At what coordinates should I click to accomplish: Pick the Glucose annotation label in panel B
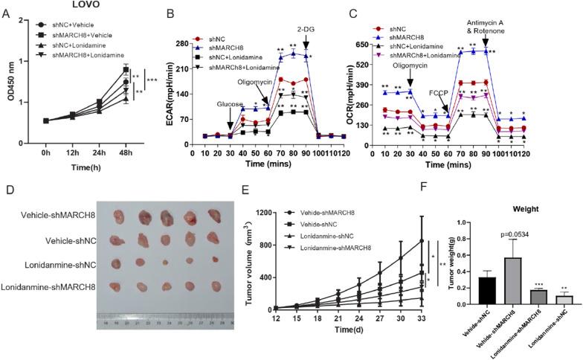tap(230, 106)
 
